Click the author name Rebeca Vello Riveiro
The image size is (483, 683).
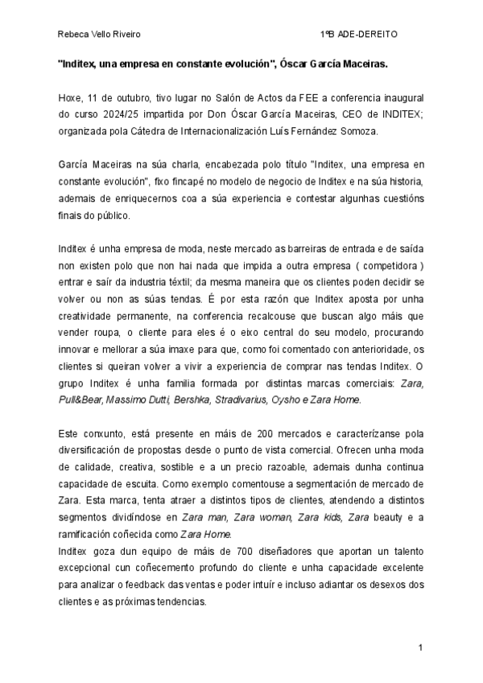pyautogui.click(x=93, y=35)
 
